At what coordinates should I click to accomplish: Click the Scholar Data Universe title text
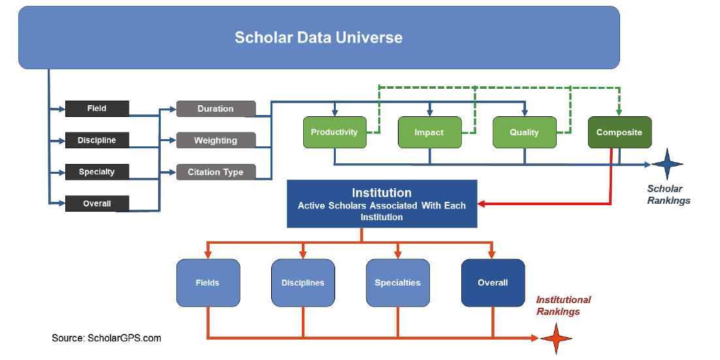pyautogui.click(x=319, y=37)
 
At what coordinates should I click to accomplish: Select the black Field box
pyautogui.click(x=97, y=108)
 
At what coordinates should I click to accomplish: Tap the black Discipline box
pyautogui.click(x=97, y=140)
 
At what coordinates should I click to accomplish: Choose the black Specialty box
pyautogui.click(x=97, y=172)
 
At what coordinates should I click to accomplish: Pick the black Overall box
pyautogui.click(x=97, y=203)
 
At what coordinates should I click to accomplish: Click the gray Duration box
pyautogui.click(x=216, y=109)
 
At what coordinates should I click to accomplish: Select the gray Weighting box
pyautogui.click(x=216, y=140)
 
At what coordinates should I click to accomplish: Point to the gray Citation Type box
pyautogui.click(x=216, y=172)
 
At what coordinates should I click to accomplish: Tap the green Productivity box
pyautogui.click(x=335, y=132)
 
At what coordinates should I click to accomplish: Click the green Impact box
pyautogui.click(x=429, y=132)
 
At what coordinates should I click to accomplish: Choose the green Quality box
pyautogui.click(x=525, y=132)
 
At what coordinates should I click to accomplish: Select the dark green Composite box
pyautogui.click(x=619, y=132)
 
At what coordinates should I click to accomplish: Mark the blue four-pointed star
pyautogui.click(x=667, y=164)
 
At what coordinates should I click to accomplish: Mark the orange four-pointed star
pyautogui.click(x=556, y=338)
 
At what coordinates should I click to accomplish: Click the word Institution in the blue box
pyautogui.click(x=382, y=192)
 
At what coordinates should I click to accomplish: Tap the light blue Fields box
pyautogui.click(x=208, y=283)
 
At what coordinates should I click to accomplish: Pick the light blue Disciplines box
pyautogui.click(x=303, y=283)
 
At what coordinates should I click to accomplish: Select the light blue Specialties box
pyautogui.click(x=398, y=283)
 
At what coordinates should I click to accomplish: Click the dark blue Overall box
pyautogui.click(x=493, y=283)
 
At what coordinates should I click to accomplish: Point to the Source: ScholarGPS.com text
pyautogui.click(x=106, y=338)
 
